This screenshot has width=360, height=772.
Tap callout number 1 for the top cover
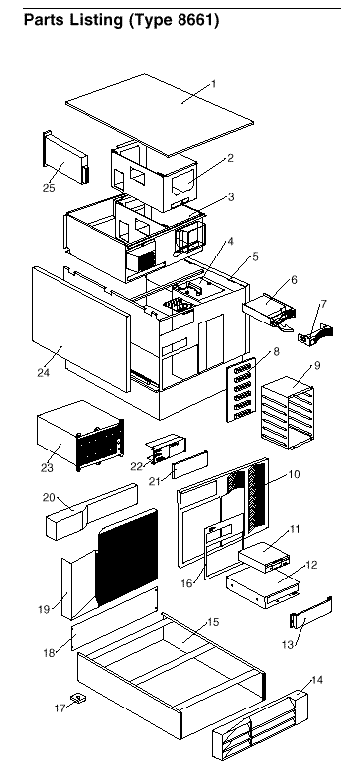pos(213,84)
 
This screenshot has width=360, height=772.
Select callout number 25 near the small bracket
pos(49,188)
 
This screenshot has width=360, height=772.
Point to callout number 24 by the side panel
pos(43,373)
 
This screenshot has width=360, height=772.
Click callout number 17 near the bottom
pos(60,708)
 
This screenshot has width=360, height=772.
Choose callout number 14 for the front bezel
pos(317,680)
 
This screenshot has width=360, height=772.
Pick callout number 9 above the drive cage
pos(317,365)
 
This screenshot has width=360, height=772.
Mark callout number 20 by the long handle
pos(49,498)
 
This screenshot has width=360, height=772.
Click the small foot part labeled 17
pos(77,698)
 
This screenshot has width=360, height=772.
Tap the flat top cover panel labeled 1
pos(160,115)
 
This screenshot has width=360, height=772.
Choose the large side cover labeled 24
pos(81,328)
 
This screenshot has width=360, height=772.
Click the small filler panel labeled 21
pos(189,465)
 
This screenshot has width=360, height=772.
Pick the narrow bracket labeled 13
pos(311,612)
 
